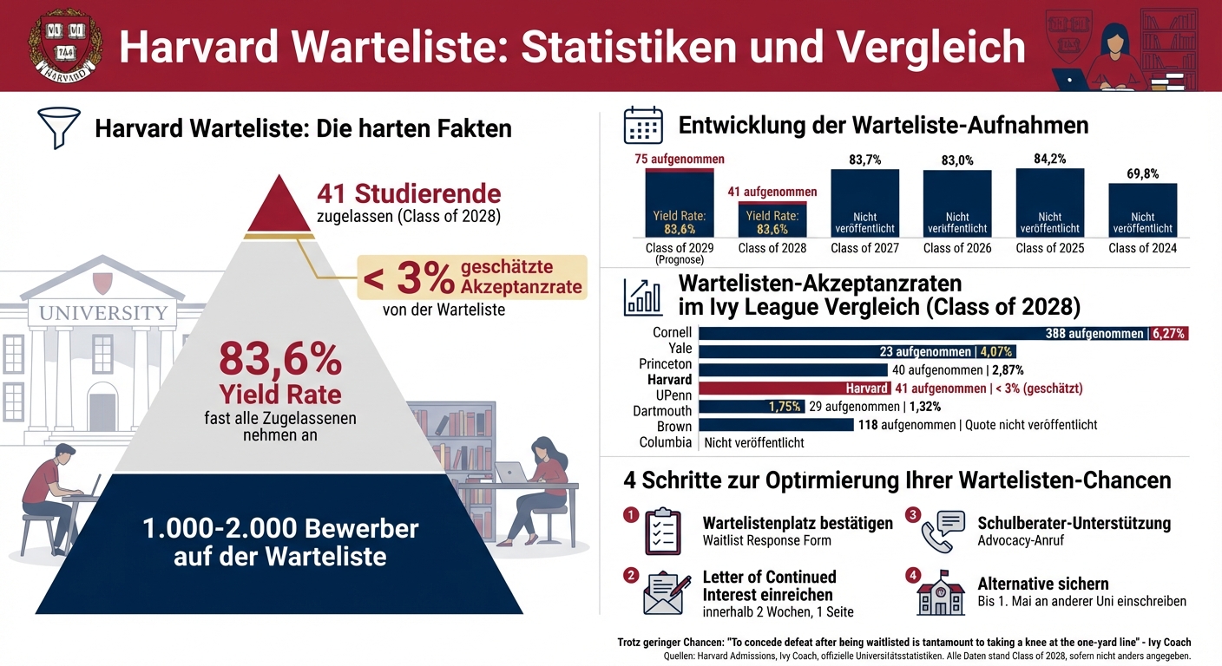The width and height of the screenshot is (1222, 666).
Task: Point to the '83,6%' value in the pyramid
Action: point(280,357)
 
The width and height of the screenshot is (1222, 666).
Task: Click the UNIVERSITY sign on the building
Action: point(102,312)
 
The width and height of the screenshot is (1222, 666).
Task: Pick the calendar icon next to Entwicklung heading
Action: point(643,126)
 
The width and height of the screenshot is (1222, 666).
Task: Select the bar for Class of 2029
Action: point(680,203)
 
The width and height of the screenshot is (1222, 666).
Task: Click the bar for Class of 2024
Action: point(1143,210)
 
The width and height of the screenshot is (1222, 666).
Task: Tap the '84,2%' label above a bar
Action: point(1049,159)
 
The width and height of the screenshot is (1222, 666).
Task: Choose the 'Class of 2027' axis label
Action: point(864,248)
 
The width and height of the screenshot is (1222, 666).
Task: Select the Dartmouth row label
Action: point(662,411)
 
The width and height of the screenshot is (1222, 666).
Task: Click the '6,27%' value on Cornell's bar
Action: point(1168,333)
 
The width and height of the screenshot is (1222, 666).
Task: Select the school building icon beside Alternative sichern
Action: point(940,593)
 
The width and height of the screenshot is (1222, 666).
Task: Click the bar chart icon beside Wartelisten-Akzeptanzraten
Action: point(643,297)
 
